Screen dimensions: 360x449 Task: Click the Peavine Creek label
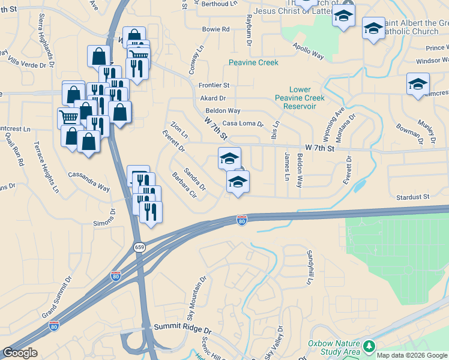pyautogui.click(x=253, y=62)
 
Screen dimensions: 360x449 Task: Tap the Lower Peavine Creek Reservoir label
pyautogui.click(x=300, y=98)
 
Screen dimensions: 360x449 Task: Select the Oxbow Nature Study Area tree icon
pyautogui.click(x=369, y=346)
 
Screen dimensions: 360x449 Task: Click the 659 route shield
pyautogui.click(x=139, y=247)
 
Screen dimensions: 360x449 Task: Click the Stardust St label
pyautogui.click(x=412, y=196)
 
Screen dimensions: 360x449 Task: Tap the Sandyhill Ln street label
pyautogui.click(x=310, y=268)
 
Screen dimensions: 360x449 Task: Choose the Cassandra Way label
pyautogui.click(x=89, y=179)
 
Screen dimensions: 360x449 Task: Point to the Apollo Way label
pyautogui.click(x=309, y=52)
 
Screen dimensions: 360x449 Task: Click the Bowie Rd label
pyautogui.click(x=216, y=29)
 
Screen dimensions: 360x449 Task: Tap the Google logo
pyautogui.click(x=19, y=353)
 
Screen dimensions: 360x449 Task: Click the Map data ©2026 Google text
pyautogui.click(x=412, y=355)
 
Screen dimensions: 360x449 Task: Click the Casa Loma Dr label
pyautogui.click(x=243, y=124)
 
